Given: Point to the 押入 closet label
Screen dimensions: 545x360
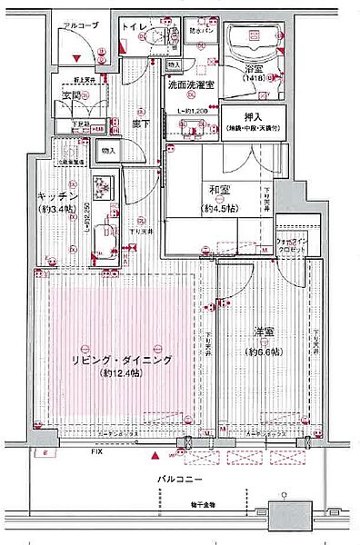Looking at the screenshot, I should click(251, 115).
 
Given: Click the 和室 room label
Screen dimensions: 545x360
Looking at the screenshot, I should click(217, 191).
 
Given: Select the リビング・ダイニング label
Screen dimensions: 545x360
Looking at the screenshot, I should click(120, 361).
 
